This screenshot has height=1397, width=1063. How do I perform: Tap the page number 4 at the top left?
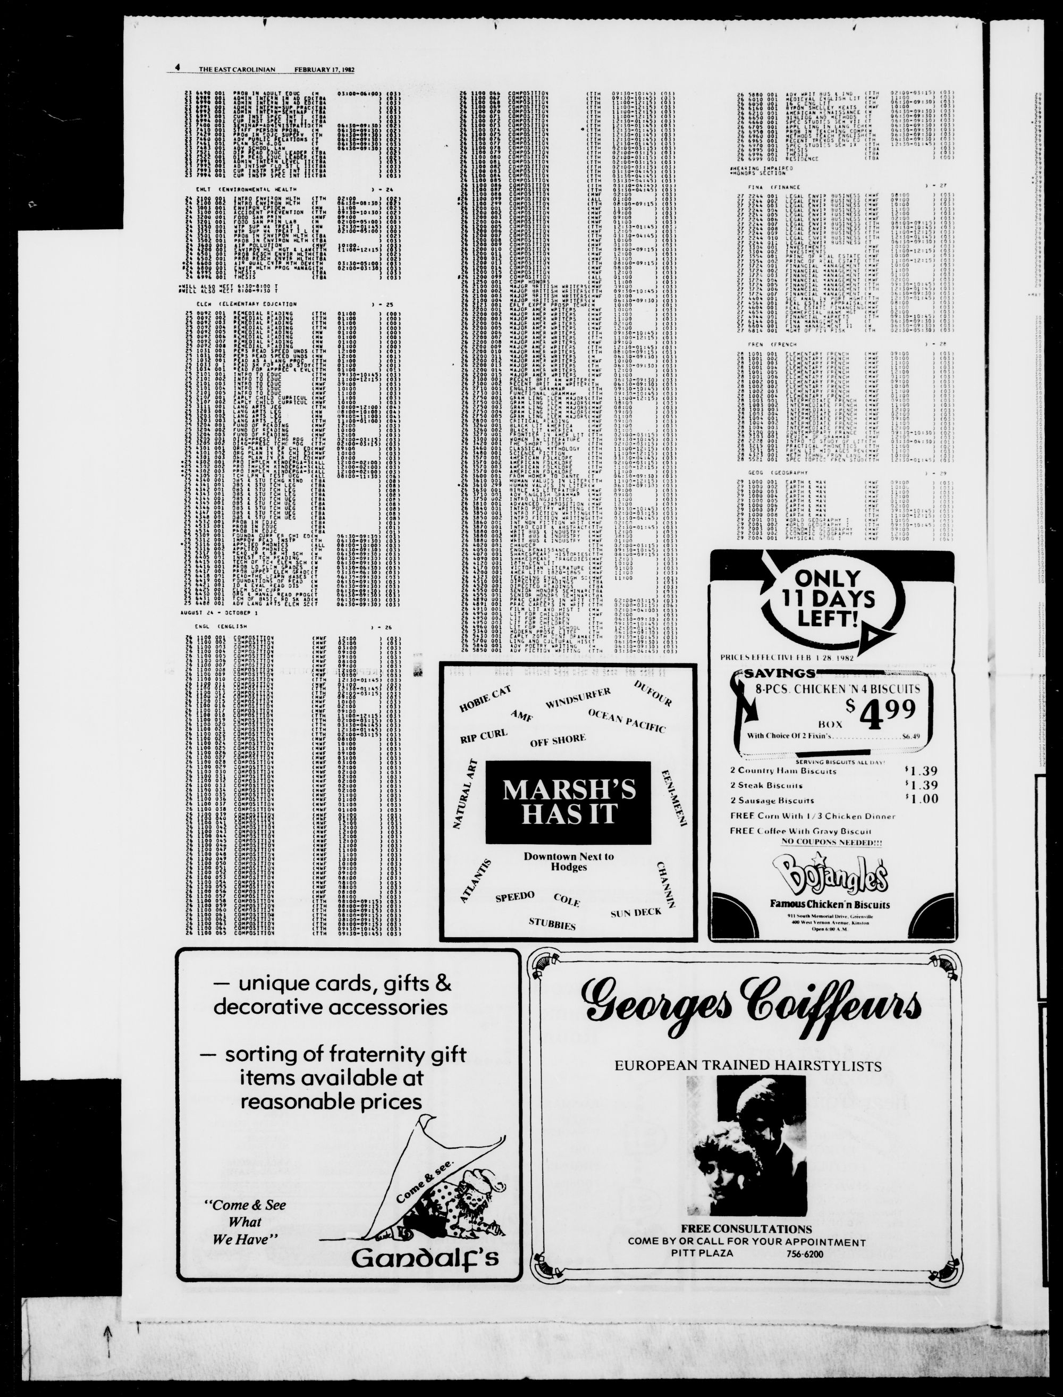click(x=179, y=69)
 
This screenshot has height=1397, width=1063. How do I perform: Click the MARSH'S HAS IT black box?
click(x=568, y=802)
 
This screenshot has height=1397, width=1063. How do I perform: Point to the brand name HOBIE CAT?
click(x=485, y=698)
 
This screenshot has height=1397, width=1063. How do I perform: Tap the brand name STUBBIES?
click(x=552, y=924)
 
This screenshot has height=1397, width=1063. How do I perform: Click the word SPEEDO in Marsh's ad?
click(x=515, y=897)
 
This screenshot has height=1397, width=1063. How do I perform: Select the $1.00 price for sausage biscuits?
click(x=921, y=799)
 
